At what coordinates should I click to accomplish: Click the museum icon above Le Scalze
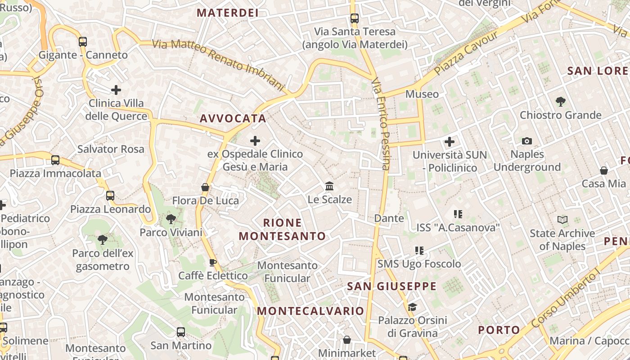point(329,186)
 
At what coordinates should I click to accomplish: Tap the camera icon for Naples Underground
point(527,141)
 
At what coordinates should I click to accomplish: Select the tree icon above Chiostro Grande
point(560,102)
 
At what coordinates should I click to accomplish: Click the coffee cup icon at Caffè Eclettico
point(213,262)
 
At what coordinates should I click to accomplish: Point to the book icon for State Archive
point(562,220)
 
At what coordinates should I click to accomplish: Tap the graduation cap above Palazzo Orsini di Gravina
point(412,307)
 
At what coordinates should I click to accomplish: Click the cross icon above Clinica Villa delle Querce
point(116,90)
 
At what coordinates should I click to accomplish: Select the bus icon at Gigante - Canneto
point(83,42)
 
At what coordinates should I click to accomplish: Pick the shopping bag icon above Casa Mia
point(604,171)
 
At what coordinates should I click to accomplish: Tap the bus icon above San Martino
point(181,332)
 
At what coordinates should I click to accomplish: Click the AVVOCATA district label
point(233,118)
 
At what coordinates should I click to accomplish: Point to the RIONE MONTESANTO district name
point(282,229)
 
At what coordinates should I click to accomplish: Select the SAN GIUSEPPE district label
point(391,286)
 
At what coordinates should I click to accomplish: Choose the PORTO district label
point(499,330)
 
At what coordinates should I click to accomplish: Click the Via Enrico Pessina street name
point(381,124)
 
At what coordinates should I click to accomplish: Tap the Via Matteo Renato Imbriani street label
point(219,64)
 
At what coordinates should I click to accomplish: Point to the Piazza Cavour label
point(466,53)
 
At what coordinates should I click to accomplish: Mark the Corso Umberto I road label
point(566,299)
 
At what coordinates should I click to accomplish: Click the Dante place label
point(389,218)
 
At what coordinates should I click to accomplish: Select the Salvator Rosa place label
point(111,149)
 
